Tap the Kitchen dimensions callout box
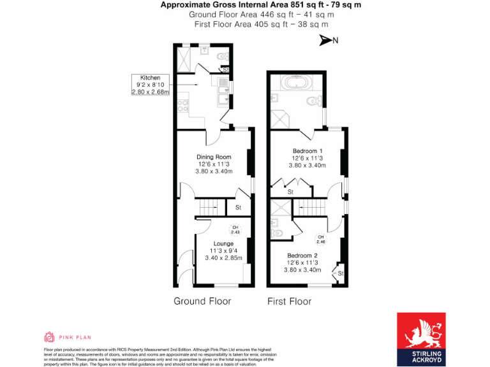(151, 85)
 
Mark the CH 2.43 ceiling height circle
(235, 230)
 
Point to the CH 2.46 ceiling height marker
(321, 240)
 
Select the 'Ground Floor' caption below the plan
(202, 301)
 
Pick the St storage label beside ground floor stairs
(238, 208)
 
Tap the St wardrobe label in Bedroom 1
(290, 191)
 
